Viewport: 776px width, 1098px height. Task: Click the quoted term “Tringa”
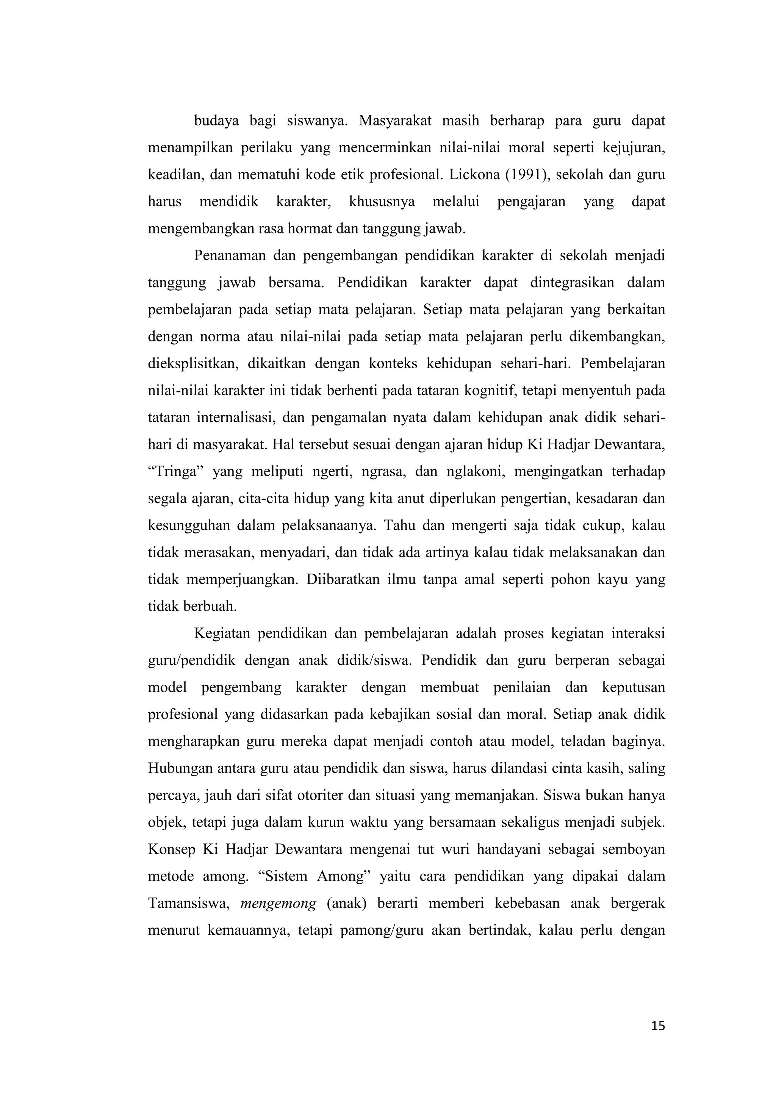(177, 472)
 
